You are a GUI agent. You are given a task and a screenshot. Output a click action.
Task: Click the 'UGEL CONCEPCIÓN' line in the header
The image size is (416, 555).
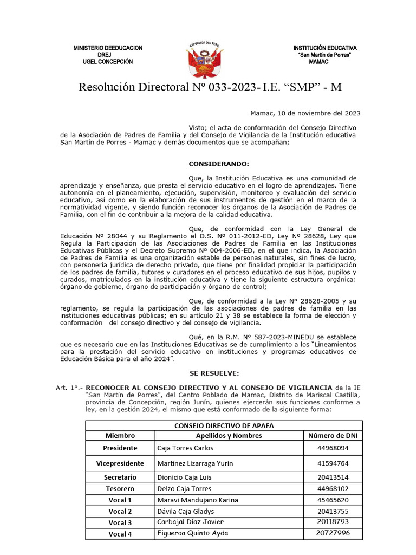pos(107,62)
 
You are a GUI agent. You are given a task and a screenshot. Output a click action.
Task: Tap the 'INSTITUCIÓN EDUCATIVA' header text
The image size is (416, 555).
pos(325,48)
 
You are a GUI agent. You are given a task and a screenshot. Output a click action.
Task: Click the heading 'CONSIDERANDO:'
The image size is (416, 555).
pos(219,163)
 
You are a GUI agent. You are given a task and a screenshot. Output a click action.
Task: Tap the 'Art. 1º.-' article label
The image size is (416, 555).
pos(69,388)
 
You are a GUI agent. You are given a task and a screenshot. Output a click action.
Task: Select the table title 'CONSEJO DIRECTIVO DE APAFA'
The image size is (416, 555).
pos(224,425)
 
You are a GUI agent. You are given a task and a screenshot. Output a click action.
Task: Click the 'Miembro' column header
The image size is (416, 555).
pos(120,435)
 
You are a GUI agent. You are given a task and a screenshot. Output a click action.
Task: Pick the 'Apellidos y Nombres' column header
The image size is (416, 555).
pos(229,435)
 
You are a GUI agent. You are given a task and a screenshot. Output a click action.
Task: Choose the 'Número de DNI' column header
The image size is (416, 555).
pos(333,435)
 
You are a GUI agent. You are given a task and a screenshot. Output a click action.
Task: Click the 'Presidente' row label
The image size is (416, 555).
pos(120,448)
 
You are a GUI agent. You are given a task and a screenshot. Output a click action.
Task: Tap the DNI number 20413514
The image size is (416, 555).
pos(333,477)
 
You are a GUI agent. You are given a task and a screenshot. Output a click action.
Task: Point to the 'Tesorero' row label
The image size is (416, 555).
pos(120,488)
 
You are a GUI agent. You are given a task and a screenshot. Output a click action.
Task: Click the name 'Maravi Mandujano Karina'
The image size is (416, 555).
pos(197,500)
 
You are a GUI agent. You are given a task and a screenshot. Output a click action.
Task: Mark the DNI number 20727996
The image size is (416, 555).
pos(333,533)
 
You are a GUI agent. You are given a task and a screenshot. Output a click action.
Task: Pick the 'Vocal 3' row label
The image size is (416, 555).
pos(120,522)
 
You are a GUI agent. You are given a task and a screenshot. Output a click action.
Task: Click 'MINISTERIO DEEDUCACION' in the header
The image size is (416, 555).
pos(108,48)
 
